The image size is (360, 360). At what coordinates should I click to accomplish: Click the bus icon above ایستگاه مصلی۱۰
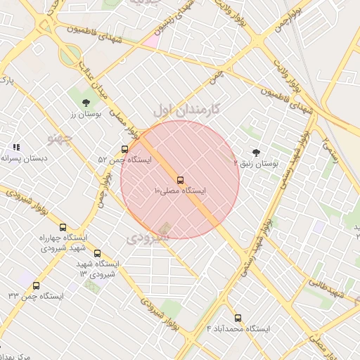pos(181,180)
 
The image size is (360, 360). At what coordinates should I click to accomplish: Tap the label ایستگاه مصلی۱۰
pos(179,191)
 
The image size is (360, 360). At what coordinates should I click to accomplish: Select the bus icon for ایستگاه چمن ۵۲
pos(124,149)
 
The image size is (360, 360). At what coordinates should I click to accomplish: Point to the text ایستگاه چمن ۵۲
pos(124,160)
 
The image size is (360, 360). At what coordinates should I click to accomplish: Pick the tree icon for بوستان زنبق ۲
pos(255,152)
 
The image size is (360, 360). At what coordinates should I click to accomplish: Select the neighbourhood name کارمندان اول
pos(186,109)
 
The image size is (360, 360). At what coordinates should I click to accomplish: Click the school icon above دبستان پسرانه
pos(15,148)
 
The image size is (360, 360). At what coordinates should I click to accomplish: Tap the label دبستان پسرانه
pos(25,159)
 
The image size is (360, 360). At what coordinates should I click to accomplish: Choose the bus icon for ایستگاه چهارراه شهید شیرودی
pos(63,227)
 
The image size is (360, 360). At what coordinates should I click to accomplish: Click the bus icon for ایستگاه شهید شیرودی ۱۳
pos(97,253)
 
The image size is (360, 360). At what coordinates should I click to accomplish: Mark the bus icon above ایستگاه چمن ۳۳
pos(36,285)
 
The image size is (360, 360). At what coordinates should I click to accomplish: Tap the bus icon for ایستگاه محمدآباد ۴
pos(238,318)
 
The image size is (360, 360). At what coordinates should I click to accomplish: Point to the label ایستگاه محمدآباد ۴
pos(238,329)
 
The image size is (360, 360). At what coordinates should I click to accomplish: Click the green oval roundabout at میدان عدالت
pos(69,55)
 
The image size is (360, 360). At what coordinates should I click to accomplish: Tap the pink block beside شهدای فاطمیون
pos(150,40)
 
